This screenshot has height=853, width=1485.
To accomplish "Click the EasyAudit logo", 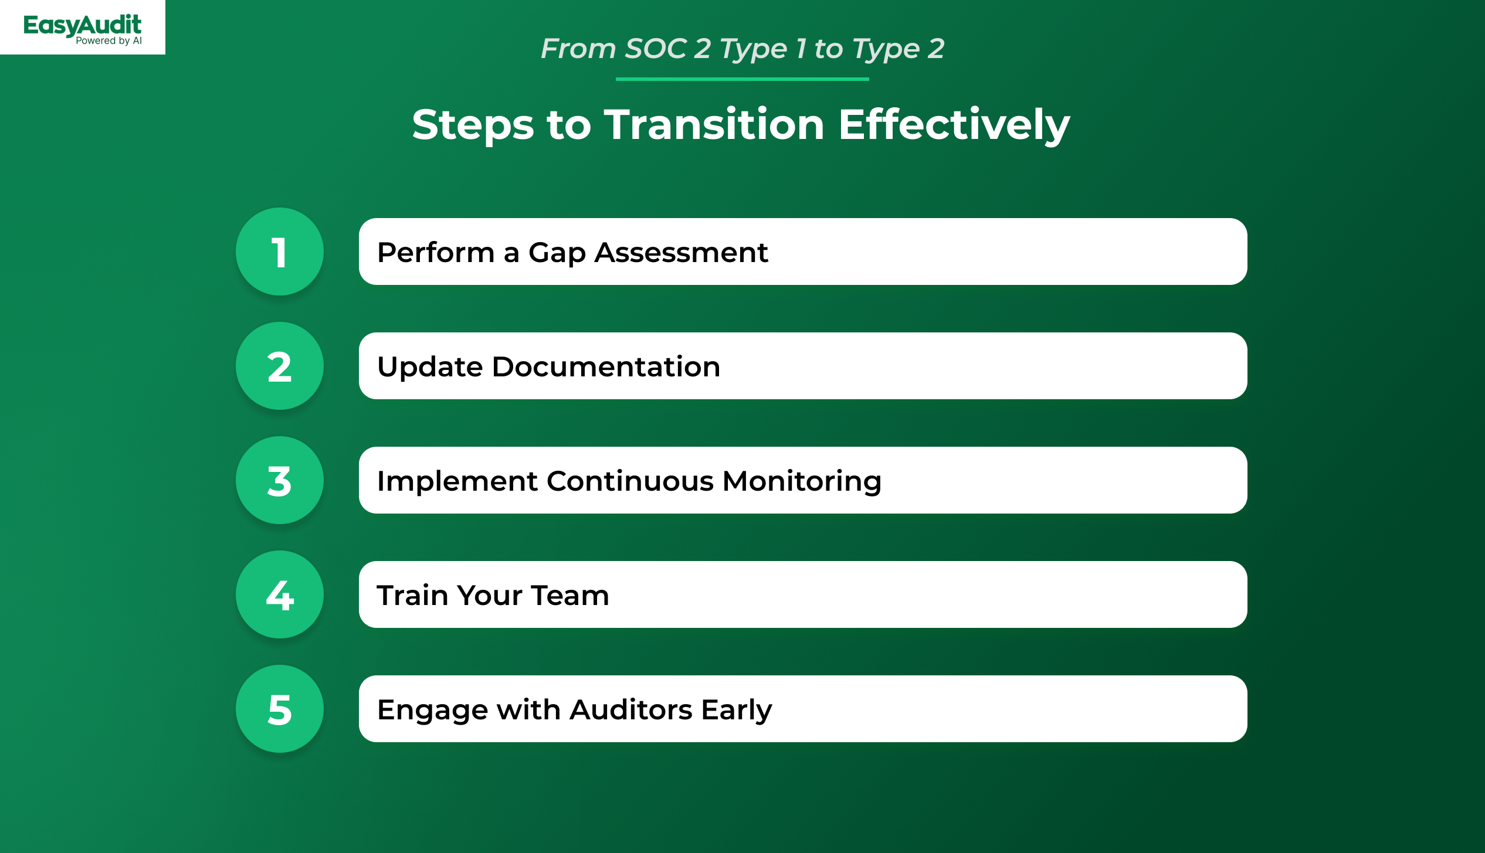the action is point(82,28).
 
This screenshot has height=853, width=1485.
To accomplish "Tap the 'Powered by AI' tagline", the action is point(109,41).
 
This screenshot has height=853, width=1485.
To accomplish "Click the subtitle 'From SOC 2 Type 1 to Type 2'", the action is point(742,49).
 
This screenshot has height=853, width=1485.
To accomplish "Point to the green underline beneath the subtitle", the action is point(742,79).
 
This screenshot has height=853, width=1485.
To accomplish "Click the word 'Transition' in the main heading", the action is point(714,124).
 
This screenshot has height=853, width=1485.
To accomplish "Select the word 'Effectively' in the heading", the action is point(954,125).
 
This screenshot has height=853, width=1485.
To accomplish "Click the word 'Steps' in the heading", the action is point(473,125).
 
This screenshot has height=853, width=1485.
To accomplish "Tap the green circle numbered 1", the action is point(280,252).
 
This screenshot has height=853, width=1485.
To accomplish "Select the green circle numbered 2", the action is point(280,366).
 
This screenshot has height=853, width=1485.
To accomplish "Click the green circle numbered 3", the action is point(280,480).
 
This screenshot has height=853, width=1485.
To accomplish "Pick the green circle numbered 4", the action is point(280,594).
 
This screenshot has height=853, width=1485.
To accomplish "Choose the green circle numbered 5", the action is point(280,709).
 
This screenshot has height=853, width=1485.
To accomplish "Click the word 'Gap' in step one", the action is point(557,253).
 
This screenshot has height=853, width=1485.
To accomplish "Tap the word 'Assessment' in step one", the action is point(682,253).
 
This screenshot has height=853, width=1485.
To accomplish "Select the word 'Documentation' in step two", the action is point(606,366).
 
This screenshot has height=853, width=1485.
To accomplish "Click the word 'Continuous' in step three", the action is point(630,481).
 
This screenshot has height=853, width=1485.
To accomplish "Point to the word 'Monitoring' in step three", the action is point(802,482).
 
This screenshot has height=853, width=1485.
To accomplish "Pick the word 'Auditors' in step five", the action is point(631,709).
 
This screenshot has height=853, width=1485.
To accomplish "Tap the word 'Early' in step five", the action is point(737,711).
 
